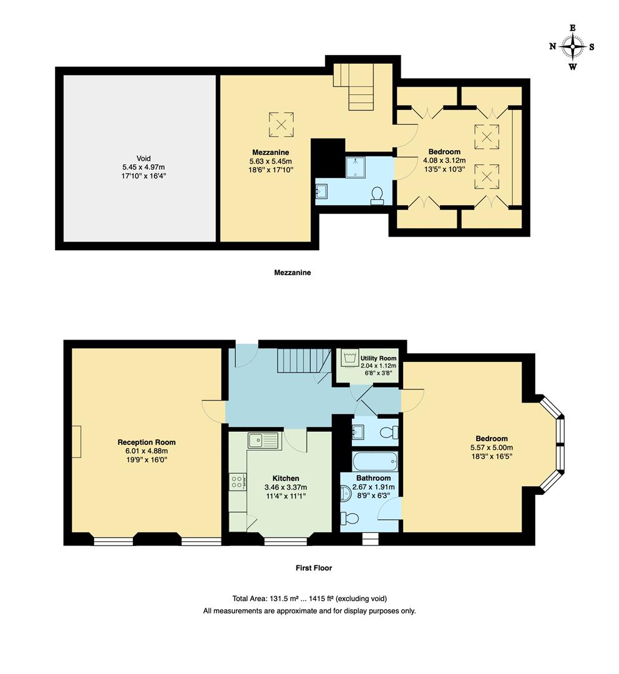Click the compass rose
click(x=572, y=46)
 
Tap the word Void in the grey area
click(x=144, y=159)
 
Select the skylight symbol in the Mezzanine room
click(x=281, y=123)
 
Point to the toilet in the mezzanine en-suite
click(x=377, y=196)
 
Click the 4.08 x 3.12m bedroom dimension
click(x=444, y=160)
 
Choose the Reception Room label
click(x=147, y=442)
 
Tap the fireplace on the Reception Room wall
click(x=76, y=441)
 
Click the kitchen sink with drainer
click(x=265, y=441)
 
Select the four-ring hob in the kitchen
click(x=238, y=481)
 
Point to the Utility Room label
click(x=378, y=359)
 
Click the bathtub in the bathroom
click(x=374, y=462)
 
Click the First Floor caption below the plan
click(x=314, y=568)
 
